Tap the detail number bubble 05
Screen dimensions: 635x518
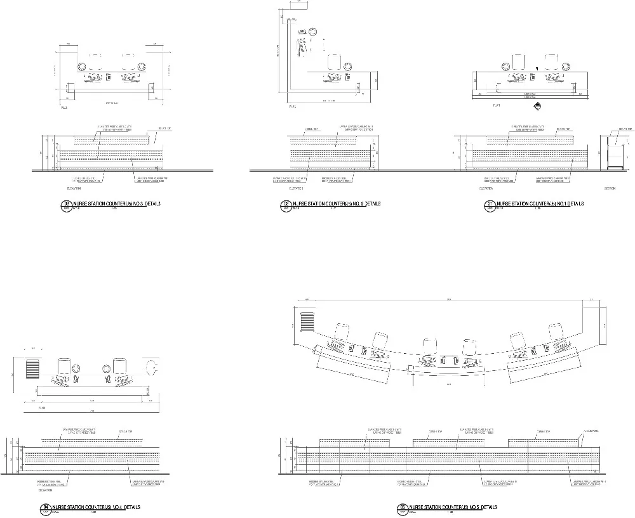pos(403,507)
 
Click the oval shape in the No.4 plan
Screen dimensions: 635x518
pos(152,368)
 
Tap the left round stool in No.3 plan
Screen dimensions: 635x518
pos(82,67)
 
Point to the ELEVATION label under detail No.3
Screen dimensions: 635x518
pos(76,188)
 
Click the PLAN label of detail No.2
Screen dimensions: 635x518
pos(293,107)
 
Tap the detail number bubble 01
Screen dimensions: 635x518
pos(490,204)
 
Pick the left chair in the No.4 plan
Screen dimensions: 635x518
pos(65,366)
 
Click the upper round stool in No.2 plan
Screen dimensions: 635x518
pos(312,30)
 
